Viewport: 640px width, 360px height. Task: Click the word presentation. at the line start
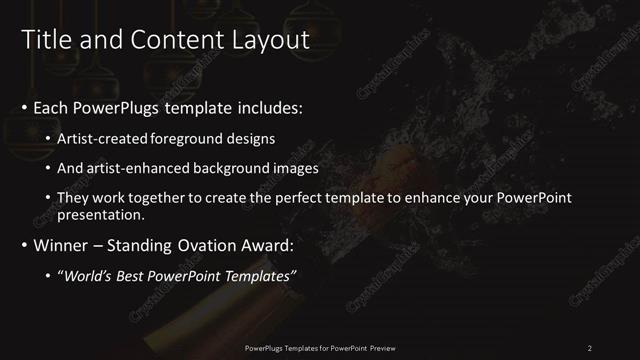103,214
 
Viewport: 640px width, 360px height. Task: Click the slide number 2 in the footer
590,347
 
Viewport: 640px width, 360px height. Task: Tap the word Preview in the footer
378,347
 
